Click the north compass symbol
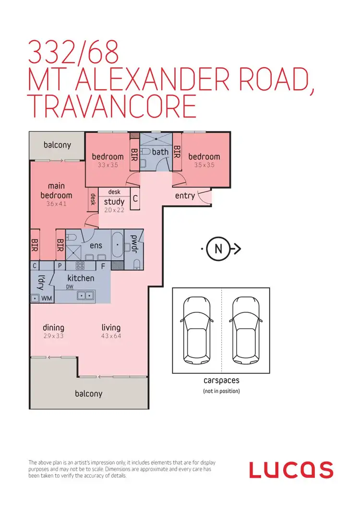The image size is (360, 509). [218, 249]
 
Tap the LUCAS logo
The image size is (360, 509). [291, 470]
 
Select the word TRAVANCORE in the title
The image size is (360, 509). [112, 106]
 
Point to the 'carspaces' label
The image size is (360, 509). [221, 380]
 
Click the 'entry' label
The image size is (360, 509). [185, 195]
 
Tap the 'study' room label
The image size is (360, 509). [114, 201]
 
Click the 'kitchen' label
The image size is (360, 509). [81, 278]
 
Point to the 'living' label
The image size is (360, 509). [111, 328]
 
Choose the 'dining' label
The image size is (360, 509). [53, 328]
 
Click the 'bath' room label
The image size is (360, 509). [160, 152]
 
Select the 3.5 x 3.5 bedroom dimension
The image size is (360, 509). [204, 165]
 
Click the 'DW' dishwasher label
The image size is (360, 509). [70, 287]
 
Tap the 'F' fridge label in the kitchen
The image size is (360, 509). [102, 265]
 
